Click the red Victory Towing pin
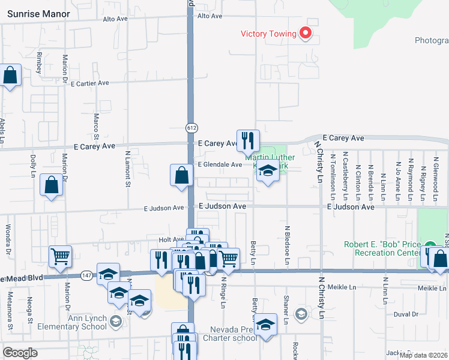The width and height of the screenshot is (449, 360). pyautogui.click(x=306, y=33)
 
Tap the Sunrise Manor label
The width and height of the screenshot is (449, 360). pyautogui.click(x=38, y=13)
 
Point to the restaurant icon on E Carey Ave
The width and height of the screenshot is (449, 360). pyautogui.click(x=248, y=141)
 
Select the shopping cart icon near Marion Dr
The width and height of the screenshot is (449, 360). pyautogui.click(x=60, y=257)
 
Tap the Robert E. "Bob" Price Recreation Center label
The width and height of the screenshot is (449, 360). pyautogui.click(x=382, y=248)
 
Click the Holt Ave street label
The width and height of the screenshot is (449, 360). pyautogui.click(x=170, y=239)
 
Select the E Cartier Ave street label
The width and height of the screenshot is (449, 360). pyautogui.click(x=89, y=83)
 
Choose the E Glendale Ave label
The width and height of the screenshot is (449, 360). pyautogui.click(x=220, y=164)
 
